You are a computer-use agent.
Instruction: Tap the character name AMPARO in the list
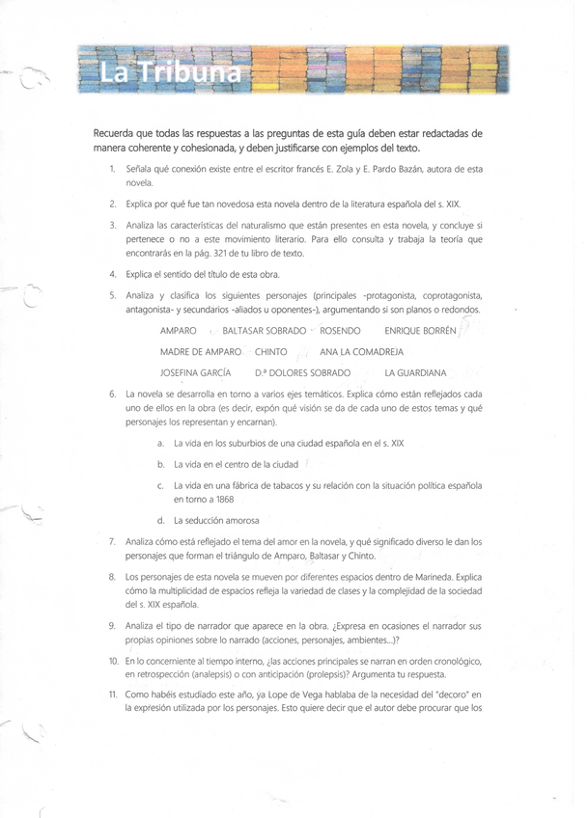[178, 331]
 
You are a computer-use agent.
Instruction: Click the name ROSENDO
[340, 331]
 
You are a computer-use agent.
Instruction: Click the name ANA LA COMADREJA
[361, 351]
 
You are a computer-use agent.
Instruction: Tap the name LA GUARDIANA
[416, 372]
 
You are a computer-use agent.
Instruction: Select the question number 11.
[112, 694]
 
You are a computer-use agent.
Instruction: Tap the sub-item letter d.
[159, 521]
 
